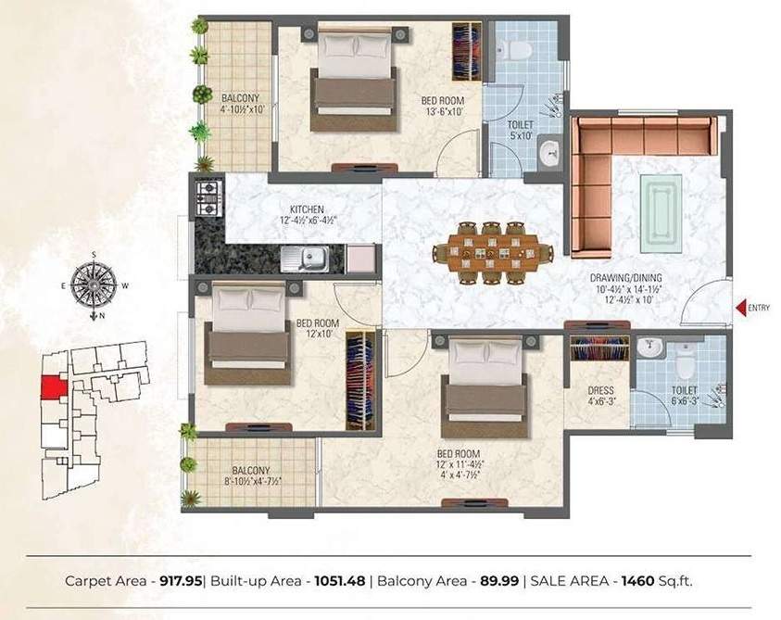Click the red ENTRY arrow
click(739, 308)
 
